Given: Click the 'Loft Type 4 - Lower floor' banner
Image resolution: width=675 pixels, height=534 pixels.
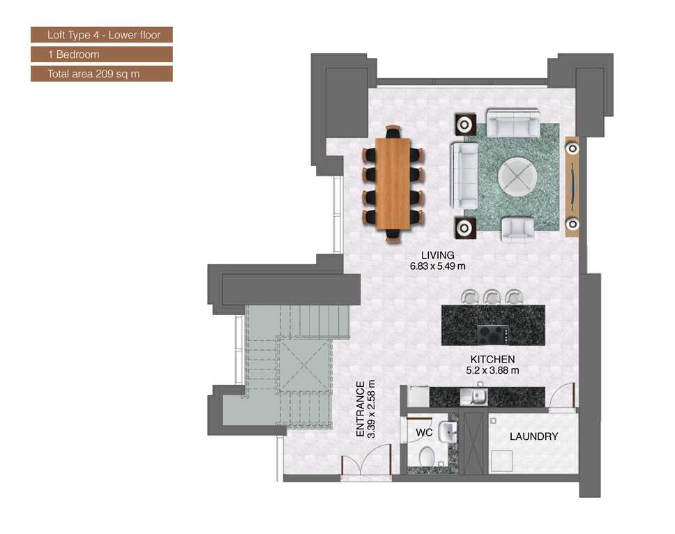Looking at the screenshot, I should pos(101,34).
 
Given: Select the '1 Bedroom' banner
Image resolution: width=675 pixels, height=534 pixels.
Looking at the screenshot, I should pos(101,54).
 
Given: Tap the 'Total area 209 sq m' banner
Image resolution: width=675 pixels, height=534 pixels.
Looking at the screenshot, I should pos(101,73).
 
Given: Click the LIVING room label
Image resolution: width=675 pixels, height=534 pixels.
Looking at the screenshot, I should pos(437,255).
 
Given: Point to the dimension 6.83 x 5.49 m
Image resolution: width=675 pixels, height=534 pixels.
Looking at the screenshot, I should pos(437,266).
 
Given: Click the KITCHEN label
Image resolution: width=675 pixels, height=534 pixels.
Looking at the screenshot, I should pos(492,360).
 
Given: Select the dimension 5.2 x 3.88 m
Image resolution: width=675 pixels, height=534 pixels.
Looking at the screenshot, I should pos(492,370).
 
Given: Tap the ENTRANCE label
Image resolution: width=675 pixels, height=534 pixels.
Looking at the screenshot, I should pos(361,409).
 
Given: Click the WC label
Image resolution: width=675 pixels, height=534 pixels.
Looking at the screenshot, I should pos(425,432).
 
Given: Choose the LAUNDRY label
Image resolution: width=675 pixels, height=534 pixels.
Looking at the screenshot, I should pos(533,437).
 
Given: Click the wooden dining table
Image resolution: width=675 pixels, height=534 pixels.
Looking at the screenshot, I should pos(393,183).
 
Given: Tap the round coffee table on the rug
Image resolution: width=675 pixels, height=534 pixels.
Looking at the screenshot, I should pos(517,175).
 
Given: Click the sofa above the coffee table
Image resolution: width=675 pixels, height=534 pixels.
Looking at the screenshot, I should pos(513,123).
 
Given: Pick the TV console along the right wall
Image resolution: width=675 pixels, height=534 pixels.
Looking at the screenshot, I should pos(572,186).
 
